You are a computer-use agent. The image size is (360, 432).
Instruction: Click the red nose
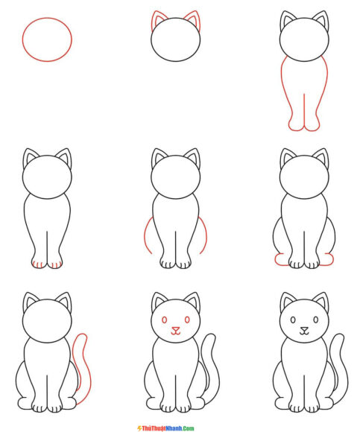coord(176,331)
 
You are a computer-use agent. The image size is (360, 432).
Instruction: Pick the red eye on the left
coord(164,320)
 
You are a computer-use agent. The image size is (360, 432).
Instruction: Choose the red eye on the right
coord(187,320)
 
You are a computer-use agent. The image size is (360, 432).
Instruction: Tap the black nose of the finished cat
coord(304,331)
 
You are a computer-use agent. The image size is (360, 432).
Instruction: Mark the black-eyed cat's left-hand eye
coord(293,320)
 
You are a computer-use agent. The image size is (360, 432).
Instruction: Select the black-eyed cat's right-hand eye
coord(316,320)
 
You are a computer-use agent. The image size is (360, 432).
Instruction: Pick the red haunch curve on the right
coord(206,234)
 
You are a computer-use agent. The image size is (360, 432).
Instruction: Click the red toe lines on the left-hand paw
coord(38,264)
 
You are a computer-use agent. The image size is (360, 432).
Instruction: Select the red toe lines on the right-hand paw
coord(56,264)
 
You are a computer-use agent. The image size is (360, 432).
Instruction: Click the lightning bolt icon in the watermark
coord(139,428)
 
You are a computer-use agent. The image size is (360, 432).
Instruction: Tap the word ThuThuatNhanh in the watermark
coord(162,428)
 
